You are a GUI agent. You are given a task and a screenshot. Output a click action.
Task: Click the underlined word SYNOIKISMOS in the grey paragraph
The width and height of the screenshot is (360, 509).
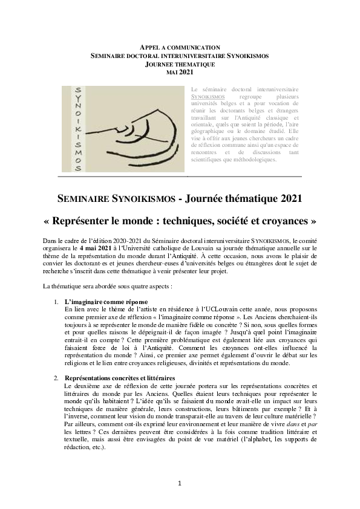[208, 96]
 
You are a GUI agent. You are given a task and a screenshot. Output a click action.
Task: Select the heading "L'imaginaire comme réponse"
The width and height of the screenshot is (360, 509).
[106, 301]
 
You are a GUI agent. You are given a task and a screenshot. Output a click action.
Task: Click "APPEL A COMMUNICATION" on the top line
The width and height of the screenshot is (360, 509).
[180, 47]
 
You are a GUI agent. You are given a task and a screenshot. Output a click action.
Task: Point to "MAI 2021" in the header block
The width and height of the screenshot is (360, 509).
[180, 73]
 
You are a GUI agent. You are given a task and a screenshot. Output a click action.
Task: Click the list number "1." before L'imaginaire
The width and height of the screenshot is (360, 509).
[56, 301]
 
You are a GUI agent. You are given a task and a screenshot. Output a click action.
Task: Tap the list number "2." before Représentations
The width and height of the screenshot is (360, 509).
[56, 377]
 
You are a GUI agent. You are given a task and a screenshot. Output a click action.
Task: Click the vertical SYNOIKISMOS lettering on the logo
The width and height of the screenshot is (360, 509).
[77, 129]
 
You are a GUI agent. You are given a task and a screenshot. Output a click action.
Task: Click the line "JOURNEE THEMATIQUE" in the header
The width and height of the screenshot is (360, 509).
[180, 64]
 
